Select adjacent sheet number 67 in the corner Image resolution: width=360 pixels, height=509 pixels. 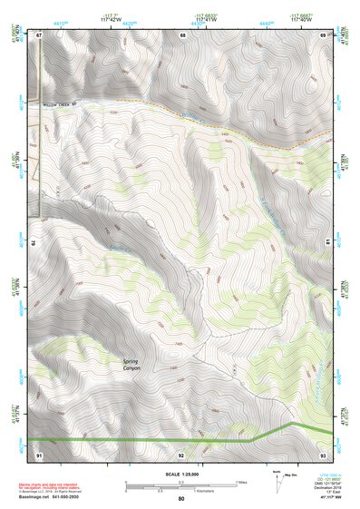(x=40, y=35)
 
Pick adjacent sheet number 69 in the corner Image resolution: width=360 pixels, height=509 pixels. (x=323, y=35)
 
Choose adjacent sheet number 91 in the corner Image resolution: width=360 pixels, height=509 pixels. (x=40, y=453)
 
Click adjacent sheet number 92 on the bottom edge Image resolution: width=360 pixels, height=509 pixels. (x=181, y=453)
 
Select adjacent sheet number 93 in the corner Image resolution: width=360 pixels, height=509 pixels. (x=323, y=453)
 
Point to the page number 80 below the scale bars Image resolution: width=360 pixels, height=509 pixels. (x=181, y=498)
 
